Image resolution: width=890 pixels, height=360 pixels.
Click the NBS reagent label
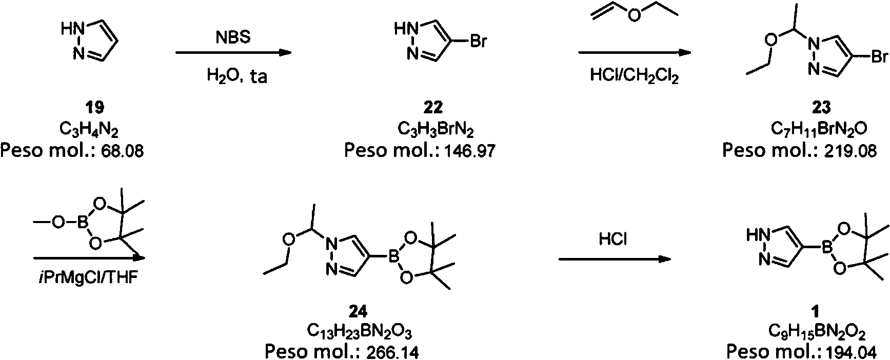(233, 38)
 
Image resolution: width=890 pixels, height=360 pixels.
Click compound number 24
(358, 311)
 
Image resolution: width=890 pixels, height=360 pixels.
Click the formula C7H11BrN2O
(819, 130)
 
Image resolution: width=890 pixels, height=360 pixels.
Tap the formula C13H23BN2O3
(360, 332)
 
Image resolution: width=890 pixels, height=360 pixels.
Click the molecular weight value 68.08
(121, 151)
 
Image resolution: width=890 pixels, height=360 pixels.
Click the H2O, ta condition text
(237, 77)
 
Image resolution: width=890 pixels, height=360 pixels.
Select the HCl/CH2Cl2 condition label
(635, 76)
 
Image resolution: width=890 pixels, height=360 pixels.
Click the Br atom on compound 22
(478, 42)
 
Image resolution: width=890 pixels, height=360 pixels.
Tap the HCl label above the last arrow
(613, 239)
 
